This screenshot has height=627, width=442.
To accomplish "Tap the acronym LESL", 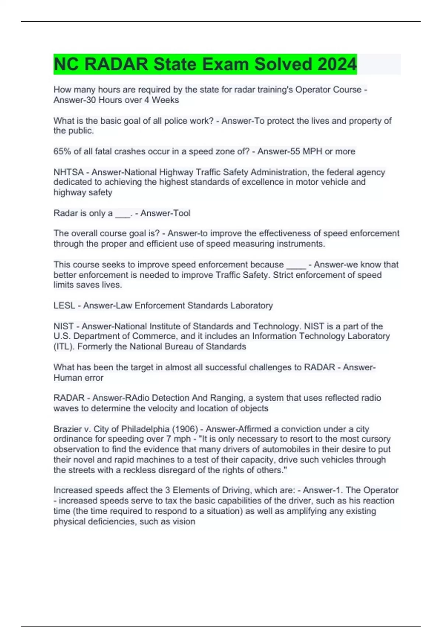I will click(64, 305).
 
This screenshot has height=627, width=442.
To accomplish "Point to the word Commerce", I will click(155, 336).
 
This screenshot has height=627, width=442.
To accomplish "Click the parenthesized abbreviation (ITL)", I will click(64, 347).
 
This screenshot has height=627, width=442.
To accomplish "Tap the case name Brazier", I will click(67, 429).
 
